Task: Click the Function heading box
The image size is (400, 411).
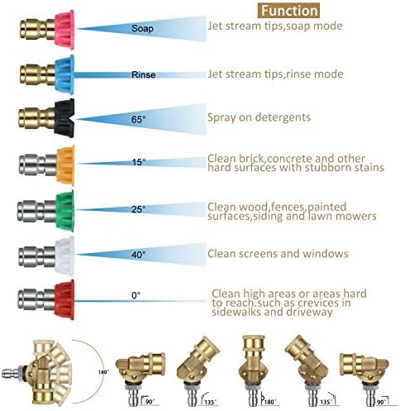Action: coord(288,11)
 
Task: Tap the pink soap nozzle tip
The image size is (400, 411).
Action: coord(64,30)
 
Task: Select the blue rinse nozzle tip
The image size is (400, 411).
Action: coord(64,74)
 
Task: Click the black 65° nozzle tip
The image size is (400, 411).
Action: coord(64,119)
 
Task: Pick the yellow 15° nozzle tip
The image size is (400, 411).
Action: coord(65,165)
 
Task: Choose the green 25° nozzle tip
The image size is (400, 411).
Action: coord(65,210)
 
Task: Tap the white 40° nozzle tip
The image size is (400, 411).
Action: coord(64,256)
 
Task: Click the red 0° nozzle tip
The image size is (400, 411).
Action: coord(64,299)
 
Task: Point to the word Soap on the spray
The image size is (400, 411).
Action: coord(142,28)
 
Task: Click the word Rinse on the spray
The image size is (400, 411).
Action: coord(143,74)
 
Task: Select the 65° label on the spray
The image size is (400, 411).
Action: coord(138,120)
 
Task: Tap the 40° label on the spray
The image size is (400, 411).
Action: coord(138,255)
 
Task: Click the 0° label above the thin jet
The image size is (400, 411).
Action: coord(136,295)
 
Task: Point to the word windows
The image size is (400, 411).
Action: coord(326,254)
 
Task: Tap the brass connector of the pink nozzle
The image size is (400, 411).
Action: coord(37,29)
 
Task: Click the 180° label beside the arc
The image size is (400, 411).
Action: coord(103,372)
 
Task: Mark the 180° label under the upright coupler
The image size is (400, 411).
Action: coord(270,402)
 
